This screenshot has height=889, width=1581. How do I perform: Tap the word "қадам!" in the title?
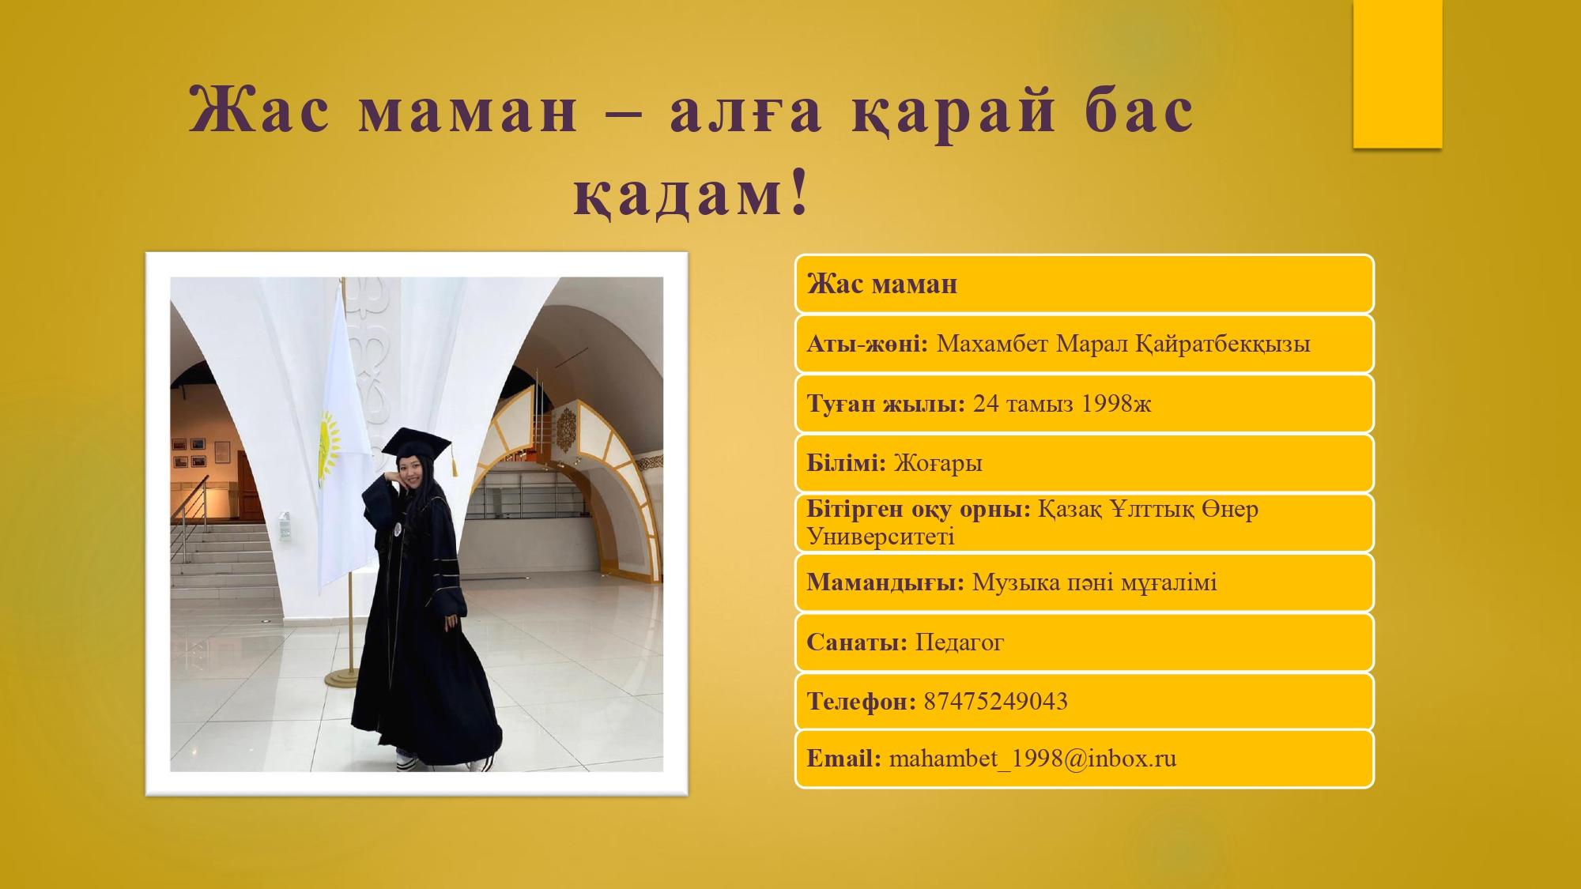(692, 194)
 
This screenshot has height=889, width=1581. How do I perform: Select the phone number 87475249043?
(995, 702)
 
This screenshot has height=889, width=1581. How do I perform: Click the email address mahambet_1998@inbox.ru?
(1032, 759)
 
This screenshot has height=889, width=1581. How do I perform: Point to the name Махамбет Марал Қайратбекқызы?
(1123, 345)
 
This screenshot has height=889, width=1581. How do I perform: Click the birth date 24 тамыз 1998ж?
(1062, 404)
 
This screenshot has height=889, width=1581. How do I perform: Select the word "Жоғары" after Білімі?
(938, 464)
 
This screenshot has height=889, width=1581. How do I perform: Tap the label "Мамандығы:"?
(885, 583)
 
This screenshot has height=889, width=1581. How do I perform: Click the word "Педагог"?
(959, 642)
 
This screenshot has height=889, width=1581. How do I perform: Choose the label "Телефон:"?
(862, 702)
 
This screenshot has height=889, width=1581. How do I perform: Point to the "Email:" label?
(844, 759)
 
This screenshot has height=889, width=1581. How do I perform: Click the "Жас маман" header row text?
(882, 284)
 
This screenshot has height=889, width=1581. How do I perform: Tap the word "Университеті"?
(881, 537)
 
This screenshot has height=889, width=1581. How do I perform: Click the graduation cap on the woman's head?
(415, 443)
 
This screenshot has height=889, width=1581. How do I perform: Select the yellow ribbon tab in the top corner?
(1398, 73)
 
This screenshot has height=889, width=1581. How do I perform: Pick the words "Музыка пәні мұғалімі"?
(1095, 583)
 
